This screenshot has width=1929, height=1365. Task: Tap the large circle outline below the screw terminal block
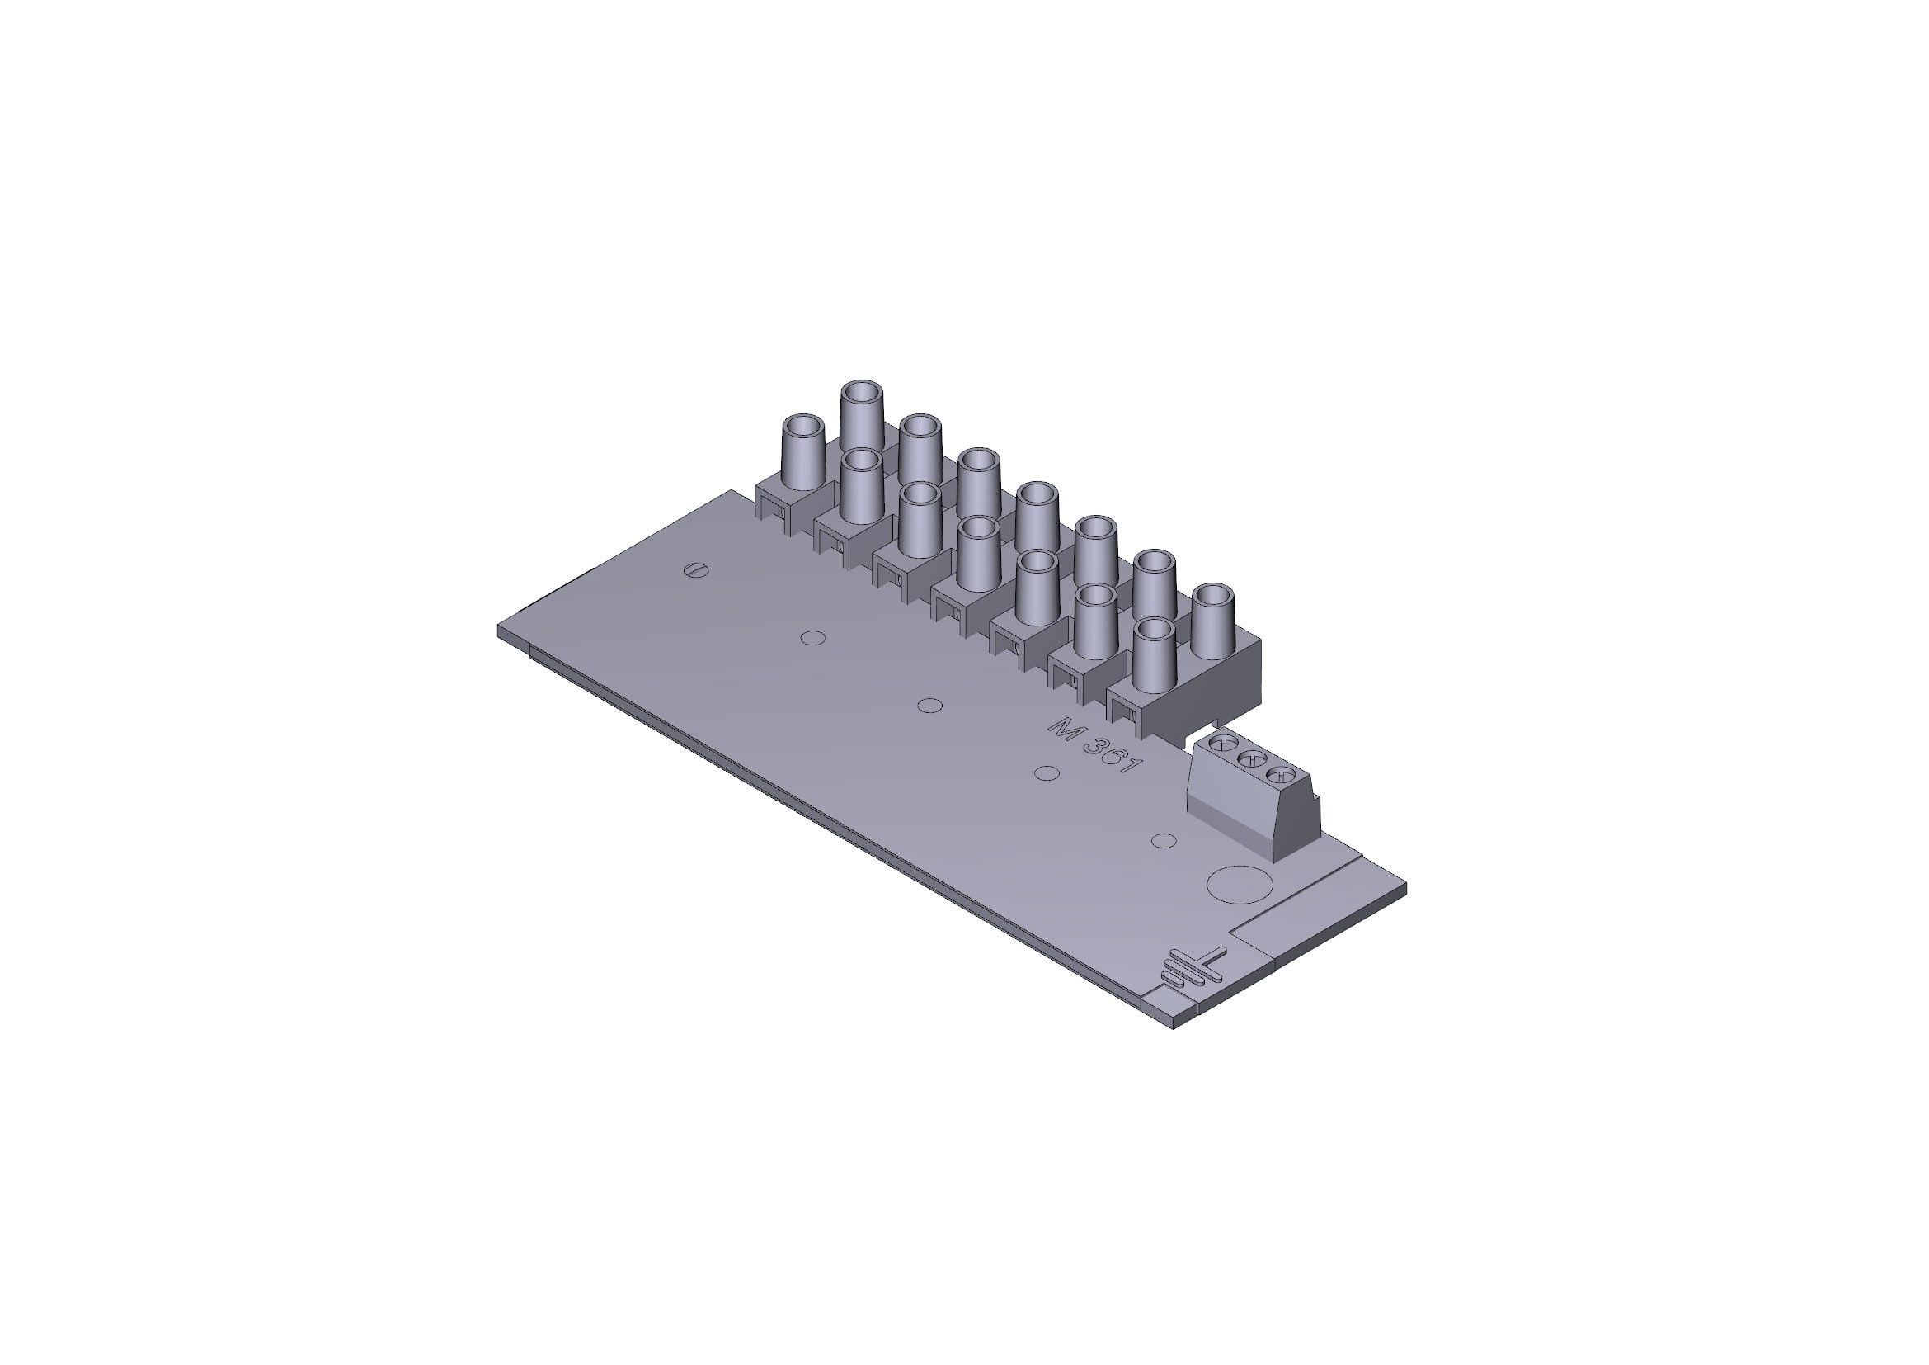(x=1238, y=883)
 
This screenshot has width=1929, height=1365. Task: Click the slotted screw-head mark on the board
(x=698, y=570)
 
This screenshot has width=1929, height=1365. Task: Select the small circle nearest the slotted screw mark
(x=812, y=638)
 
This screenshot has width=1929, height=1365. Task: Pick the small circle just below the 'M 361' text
(x=1046, y=773)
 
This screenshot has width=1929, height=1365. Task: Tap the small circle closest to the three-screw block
(x=1163, y=840)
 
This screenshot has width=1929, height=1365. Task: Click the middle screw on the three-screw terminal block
(x=1252, y=759)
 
